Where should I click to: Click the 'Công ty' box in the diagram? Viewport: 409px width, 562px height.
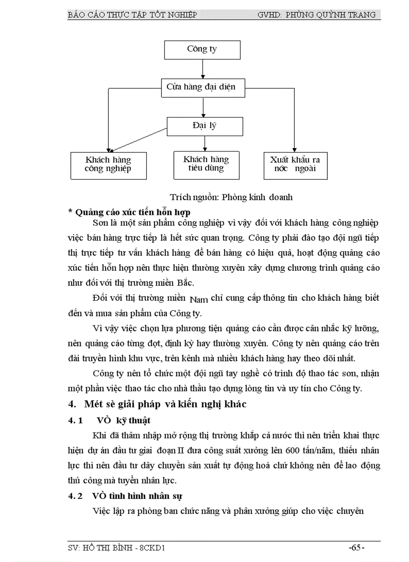202,50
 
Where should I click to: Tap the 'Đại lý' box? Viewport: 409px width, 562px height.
204,126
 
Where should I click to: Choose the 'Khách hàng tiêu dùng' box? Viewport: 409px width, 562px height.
206,164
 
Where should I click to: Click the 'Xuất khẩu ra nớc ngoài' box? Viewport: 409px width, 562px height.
295,165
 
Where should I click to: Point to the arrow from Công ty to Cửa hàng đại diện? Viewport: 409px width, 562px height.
202,68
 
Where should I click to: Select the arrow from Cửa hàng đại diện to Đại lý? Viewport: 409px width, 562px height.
203,107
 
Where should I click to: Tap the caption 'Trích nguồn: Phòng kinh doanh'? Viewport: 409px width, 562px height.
231,197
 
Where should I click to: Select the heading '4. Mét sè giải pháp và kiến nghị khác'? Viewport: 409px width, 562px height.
157,404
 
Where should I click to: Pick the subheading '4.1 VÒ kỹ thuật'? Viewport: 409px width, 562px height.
109,420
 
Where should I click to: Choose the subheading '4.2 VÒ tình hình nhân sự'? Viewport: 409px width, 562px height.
125,496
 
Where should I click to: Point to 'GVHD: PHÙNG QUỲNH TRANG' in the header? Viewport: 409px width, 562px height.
316,15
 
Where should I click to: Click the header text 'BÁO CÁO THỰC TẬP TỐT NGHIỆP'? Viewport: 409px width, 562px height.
132,15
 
